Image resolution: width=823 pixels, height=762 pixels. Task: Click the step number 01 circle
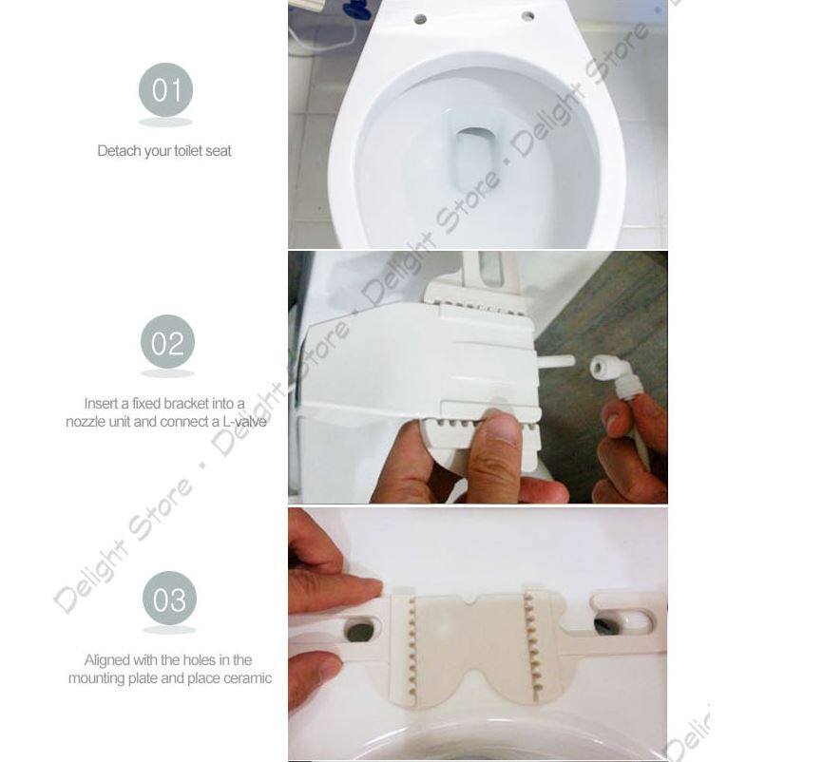point(166,90)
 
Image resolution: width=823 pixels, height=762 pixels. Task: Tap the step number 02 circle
point(167,343)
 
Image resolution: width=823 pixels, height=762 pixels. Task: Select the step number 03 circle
point(169,600)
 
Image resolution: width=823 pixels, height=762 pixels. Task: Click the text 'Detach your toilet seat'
point(164,150)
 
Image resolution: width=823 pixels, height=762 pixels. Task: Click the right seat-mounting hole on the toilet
point(526,16)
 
